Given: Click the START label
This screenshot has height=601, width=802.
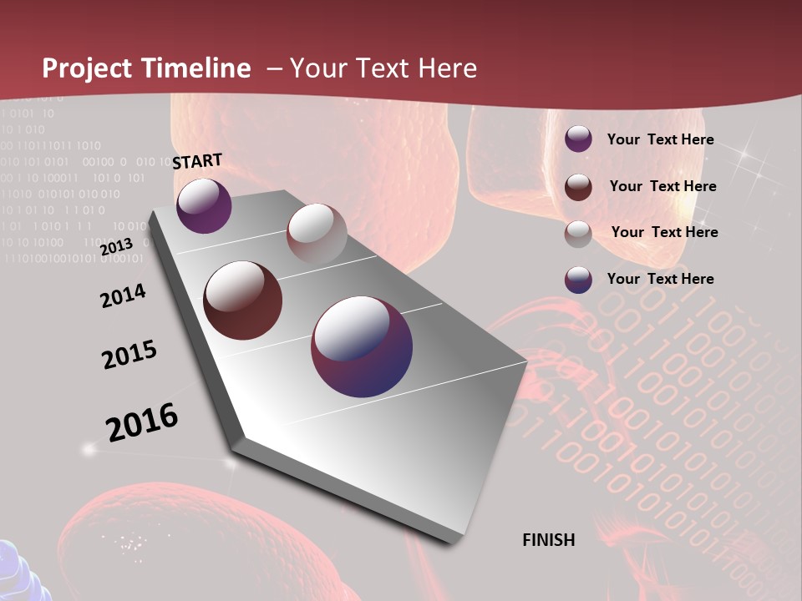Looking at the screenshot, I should [197, 161].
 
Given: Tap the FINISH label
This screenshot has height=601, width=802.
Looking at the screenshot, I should [548, 540].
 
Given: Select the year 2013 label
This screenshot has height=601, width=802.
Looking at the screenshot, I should [116, 246].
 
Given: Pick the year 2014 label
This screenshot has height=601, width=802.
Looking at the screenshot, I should [123, 295].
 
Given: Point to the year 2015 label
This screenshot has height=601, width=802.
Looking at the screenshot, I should [129, 355].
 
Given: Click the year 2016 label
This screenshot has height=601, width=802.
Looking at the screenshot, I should [142, 422].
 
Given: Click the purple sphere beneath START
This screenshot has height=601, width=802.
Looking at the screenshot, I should [204, 206].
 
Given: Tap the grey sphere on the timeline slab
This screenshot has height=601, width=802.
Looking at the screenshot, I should [317, 233].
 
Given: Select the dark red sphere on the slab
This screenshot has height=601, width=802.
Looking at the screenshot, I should [243, 300].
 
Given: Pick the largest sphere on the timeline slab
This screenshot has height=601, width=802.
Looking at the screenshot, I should [362, 346].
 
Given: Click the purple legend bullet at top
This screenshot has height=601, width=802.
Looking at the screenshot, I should [578, 139].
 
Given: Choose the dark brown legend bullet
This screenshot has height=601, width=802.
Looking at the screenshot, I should [578, 187].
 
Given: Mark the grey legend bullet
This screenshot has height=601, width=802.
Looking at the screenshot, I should [578, 233].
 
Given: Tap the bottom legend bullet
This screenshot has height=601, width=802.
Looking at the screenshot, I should [578, 280].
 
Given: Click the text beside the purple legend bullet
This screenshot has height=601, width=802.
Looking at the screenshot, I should [660, 139].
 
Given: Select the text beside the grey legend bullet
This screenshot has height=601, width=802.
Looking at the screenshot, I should [664, 232].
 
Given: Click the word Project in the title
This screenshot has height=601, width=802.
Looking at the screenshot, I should [86, 68].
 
